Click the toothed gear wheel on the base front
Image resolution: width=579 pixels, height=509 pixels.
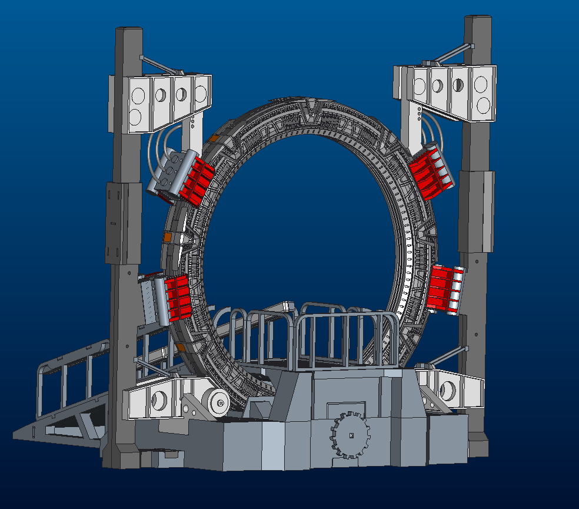(x=350, y=435)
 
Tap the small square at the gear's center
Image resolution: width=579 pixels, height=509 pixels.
(x=350, y=435)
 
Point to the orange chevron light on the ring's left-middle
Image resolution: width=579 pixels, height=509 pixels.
(x=167, y=237)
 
